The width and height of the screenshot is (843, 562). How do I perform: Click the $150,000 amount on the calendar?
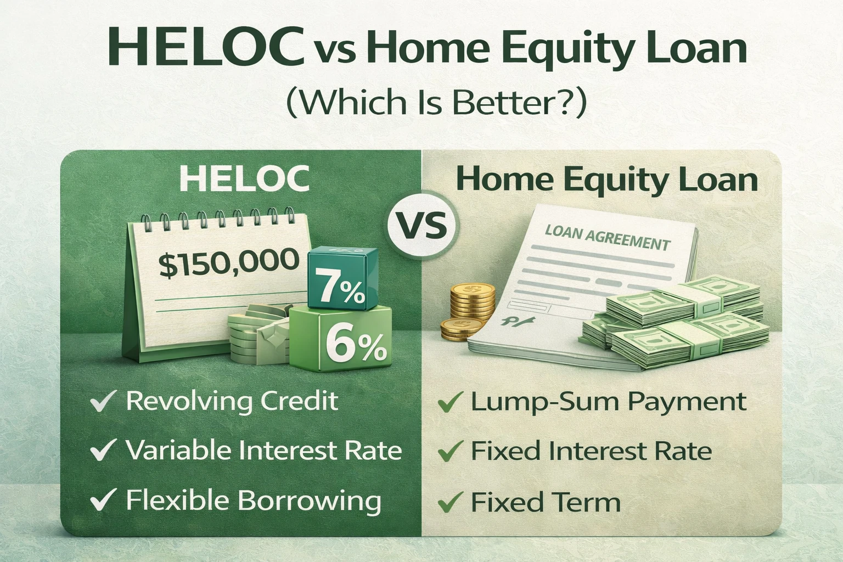(229, 262)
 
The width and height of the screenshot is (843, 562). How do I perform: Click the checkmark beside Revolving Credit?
(103, 401)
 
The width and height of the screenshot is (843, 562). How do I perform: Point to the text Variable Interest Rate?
(263, 451)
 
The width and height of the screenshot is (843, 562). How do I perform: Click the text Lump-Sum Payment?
(608, 401)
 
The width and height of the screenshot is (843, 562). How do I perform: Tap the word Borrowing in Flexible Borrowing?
(310, 501)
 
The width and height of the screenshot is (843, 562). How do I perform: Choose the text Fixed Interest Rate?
(591, 451)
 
